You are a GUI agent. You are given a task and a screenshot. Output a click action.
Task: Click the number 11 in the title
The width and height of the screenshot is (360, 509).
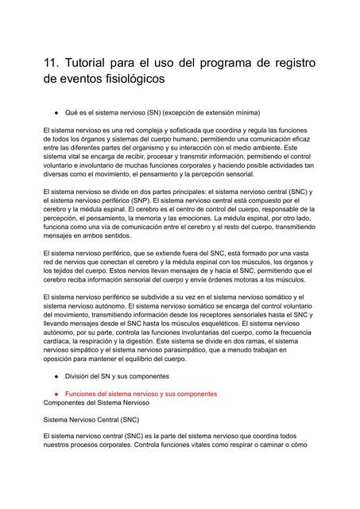[52, 63]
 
